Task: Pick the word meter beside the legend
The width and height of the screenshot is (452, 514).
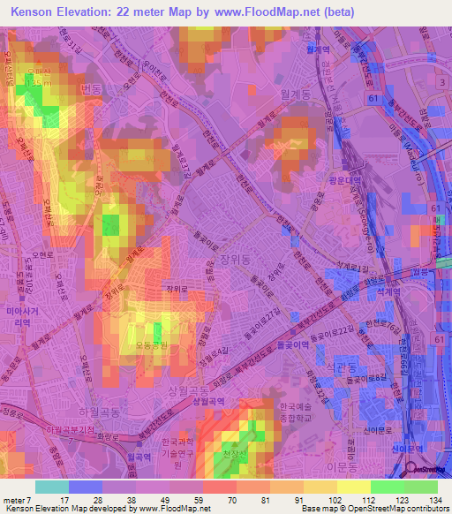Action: coord(14,499)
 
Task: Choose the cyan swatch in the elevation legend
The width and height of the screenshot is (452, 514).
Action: coord(51,487)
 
